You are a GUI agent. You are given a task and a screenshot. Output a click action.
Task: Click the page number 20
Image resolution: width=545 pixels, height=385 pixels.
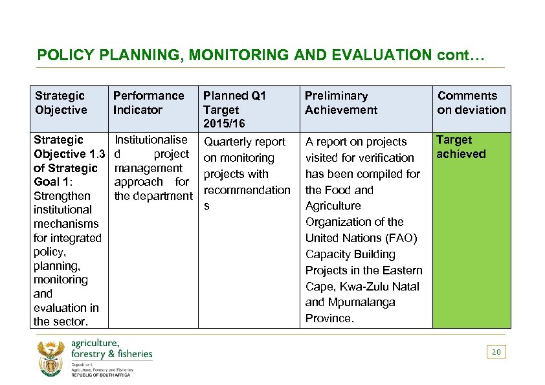[x=496, y=352]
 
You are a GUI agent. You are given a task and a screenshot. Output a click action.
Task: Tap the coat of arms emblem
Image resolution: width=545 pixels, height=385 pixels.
[x=50, y=357]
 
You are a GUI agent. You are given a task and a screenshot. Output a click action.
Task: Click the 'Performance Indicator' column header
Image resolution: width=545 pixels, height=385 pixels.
[x=148, y=103]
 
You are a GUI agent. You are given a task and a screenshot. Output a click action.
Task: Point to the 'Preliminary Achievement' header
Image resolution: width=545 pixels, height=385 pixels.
[x=340, y=103]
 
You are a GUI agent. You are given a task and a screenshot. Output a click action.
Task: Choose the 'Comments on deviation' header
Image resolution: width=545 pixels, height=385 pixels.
[x=471, y=103]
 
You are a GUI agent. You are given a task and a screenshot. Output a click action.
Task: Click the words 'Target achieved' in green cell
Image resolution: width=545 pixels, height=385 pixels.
[x=460, y=147]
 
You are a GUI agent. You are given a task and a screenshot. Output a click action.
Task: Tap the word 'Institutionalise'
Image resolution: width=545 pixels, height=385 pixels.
[x=151, y=140]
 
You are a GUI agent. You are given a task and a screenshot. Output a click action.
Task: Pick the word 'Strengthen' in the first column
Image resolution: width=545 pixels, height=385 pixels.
[x=62, y=195]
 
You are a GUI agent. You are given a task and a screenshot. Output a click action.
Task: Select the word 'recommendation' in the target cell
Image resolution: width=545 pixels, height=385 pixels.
[x=247, y=190]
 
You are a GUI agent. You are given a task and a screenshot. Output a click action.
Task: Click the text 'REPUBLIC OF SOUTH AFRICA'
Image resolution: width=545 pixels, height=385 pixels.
[x=101, y=375]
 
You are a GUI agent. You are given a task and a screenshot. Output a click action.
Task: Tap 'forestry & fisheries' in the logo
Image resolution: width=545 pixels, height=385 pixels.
[x=111, y=353]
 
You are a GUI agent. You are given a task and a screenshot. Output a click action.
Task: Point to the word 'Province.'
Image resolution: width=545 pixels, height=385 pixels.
[x=329, y=318]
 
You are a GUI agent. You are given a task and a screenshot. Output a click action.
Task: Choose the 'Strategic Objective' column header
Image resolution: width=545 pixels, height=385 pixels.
[x=61, y=103]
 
